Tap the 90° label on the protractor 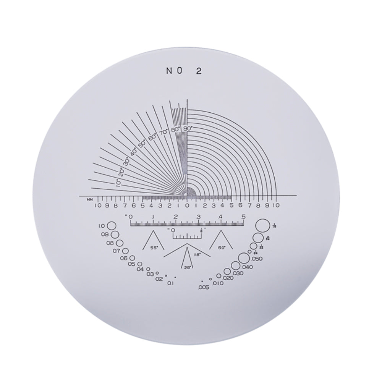click(188, 129)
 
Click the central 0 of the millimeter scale click(187, 206)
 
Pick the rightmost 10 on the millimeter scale click(276, 206)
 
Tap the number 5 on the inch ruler click(243, 217)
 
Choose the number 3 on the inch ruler click(198, 217)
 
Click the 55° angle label click(154, 248)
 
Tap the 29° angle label click(187, 267)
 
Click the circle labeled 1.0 click(112, 226)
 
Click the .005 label click(204, 288)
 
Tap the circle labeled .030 click(228, 271)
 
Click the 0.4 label click(140, 269)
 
